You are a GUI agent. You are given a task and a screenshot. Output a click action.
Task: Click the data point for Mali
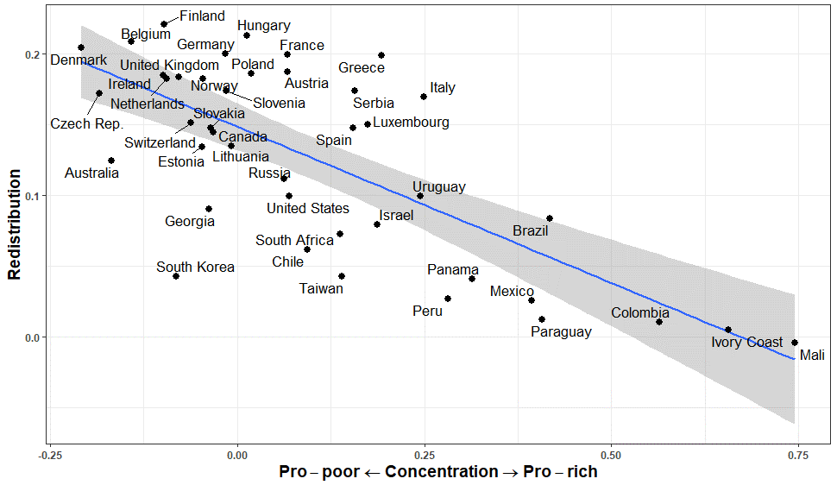(x=795, y=343)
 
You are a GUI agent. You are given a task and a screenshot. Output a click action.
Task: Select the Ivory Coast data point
(x=728, y=330)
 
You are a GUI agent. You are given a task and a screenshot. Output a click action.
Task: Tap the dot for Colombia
(x=659, y=322)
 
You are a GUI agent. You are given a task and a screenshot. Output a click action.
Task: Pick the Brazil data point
(x=550, y=218)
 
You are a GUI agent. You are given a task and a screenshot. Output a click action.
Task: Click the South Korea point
(x=176, y=276)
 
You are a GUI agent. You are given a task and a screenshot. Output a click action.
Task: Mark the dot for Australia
(x=111, y=161)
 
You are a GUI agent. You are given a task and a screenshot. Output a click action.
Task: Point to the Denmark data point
(x=81, y=47)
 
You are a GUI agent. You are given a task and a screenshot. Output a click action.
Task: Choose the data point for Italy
(x=424, y=97)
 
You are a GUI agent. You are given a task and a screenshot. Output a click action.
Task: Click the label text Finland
(x=202, y=16)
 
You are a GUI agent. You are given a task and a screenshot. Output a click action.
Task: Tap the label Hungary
(x=263, y=26)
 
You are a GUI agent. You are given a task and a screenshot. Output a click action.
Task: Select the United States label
(x=307, y=209)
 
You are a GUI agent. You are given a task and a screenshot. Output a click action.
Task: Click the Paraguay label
(x=561, y=332)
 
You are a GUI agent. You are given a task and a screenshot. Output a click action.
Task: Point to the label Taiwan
(x=321, y=289)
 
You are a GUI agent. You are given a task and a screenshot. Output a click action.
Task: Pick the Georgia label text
(x=190, y=222)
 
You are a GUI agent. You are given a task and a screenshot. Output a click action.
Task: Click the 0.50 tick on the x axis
(x=611, y=453)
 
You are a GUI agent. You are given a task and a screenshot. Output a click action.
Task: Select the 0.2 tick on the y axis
(x=32, y=54)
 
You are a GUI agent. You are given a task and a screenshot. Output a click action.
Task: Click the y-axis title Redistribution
(x=15, y=224)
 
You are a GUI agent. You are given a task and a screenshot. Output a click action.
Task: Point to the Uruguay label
(x=438, y=187)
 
